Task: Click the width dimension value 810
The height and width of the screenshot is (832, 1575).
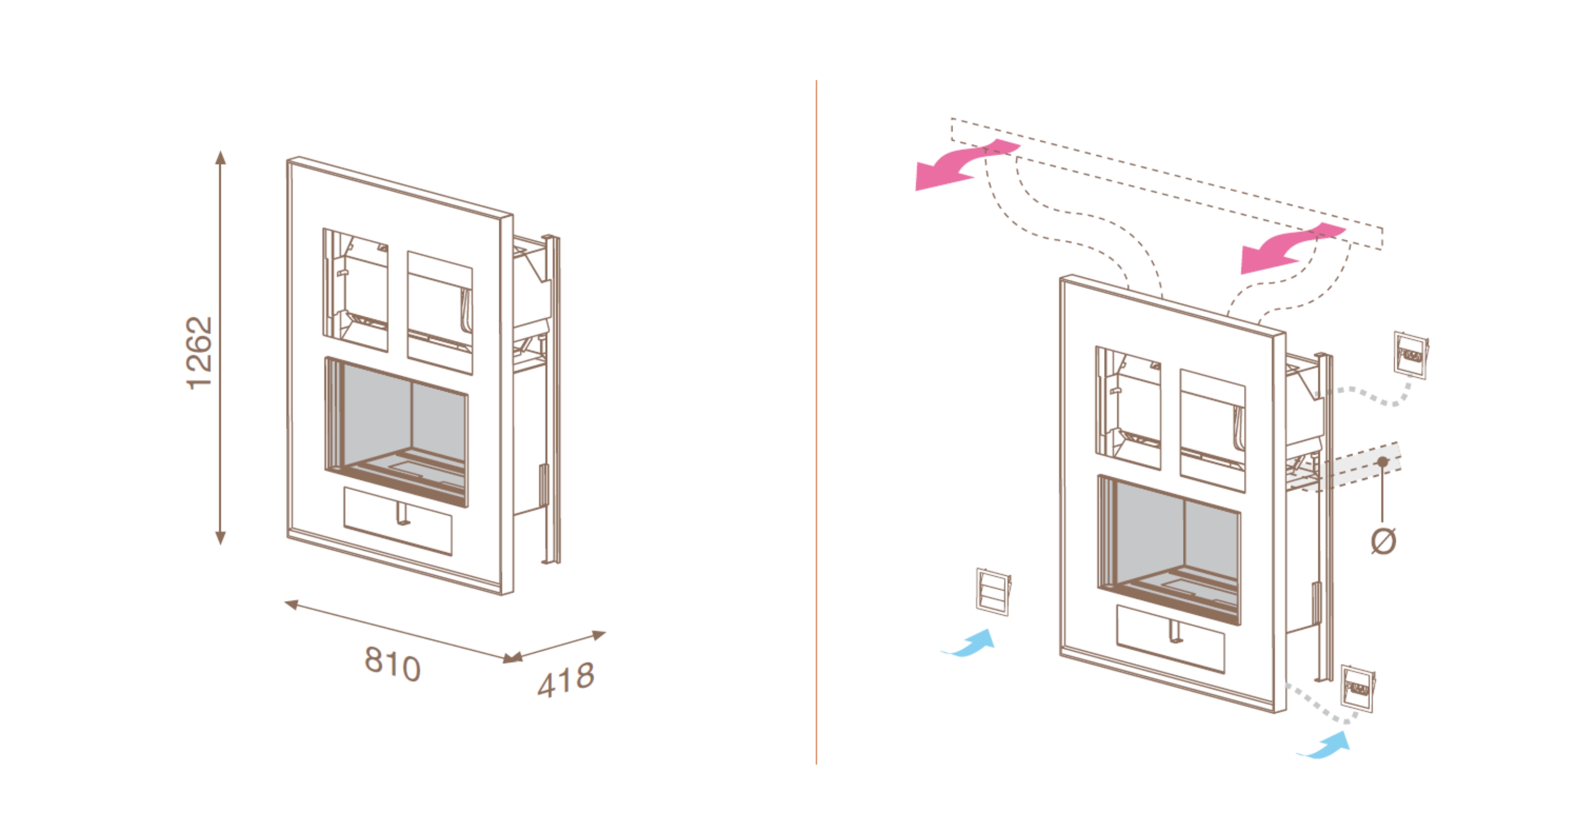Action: (x=393, y=663)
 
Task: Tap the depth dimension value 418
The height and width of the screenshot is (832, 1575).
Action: (x=566, y=680)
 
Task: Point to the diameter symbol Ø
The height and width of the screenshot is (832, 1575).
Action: (x=1383, y=541)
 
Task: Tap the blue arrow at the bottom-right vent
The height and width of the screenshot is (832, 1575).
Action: (x=1324, y=745)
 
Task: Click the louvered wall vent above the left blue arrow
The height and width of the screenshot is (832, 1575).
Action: (x=993, y=592)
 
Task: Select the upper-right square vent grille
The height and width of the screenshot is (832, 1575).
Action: (x=1411, y=355)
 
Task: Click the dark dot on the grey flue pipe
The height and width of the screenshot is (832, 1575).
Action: (x=1383, y=461)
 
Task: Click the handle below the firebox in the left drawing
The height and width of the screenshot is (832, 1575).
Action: (x=403, y=512)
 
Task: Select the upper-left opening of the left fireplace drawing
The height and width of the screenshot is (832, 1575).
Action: (x=355, y=290)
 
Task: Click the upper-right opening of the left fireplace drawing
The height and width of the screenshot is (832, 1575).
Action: (x=440, y=312)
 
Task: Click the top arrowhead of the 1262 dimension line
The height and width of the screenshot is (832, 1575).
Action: (x=221, y=157)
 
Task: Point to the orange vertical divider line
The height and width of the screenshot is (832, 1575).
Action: (x=816, y=422)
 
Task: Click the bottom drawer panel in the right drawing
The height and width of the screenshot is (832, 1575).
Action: (x=1170, y=639)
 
